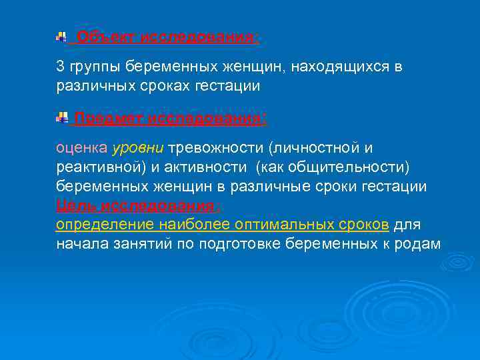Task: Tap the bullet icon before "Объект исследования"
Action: [x=61, y=37]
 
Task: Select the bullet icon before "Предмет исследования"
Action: [x=62, y=119]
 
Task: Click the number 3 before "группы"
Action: [x=60, y=67]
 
